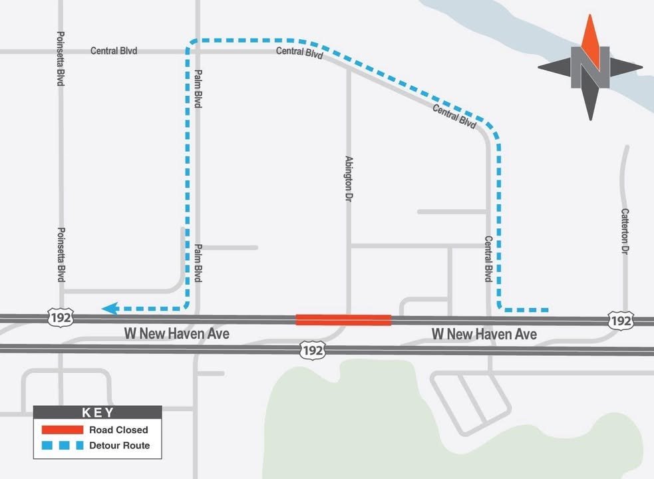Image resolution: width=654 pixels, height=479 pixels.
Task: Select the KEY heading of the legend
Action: tap(98, 412)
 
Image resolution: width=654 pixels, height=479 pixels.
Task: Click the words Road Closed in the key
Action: tap(118, 430)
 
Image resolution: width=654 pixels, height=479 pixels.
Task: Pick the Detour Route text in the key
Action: tap(120, 445)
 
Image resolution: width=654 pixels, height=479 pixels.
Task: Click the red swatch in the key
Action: tap(62, 430)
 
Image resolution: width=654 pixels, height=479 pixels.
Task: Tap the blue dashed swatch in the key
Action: tap(62, 445)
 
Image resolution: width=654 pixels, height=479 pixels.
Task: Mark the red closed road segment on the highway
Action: tap(343, 320)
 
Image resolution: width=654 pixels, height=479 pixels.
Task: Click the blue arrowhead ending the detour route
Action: tap(110, 308)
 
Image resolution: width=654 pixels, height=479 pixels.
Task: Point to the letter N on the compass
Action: tap(589, 67)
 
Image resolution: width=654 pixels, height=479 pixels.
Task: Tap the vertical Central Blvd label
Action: tap(488, 259)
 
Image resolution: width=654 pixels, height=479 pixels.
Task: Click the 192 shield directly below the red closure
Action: tap(312, 349)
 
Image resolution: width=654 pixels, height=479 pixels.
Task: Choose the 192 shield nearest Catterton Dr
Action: tap(620, 321)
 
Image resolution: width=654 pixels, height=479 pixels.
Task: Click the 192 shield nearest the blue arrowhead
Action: tap(59, 317)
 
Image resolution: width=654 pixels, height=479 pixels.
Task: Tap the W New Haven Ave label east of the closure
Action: tap(484, 334)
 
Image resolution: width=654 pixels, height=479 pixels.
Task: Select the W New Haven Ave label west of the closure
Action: tap(177, 334)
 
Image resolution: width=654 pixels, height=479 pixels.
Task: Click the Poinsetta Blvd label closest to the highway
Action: tap(61, 255)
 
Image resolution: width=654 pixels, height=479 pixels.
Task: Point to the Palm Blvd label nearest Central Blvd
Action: tap(198, 90)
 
